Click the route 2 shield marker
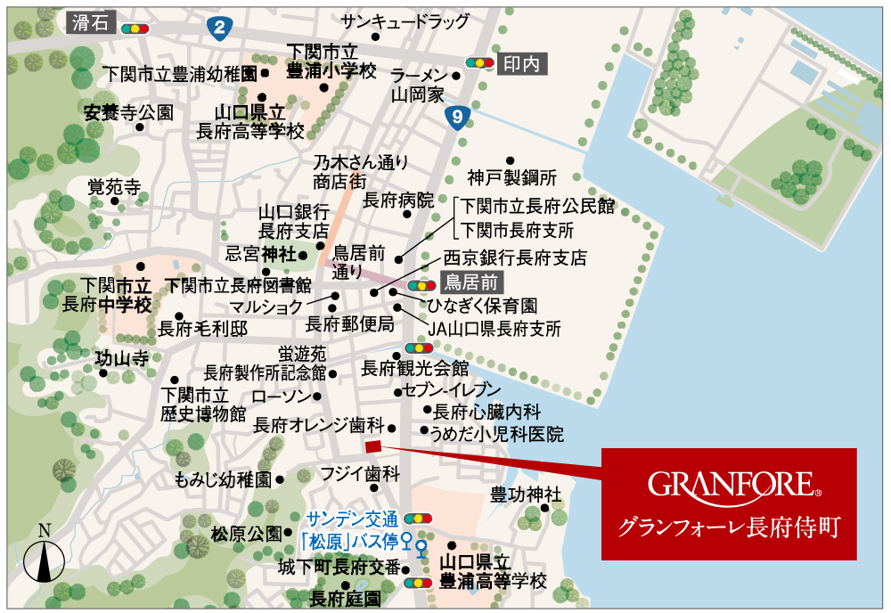(x=218, y=28)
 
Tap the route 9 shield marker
(x=457, y=115)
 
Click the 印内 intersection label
(x=522, y=63)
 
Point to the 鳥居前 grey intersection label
(x=471, y=283)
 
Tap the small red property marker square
(x=372, y=446)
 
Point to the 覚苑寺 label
(x=114, y=187)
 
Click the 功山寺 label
(x=122, y=359)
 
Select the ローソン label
(x=281, y=396)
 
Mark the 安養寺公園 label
(x=128, y=113)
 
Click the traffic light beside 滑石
(x=135, y=28)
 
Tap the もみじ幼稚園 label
(x=224, y=478)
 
